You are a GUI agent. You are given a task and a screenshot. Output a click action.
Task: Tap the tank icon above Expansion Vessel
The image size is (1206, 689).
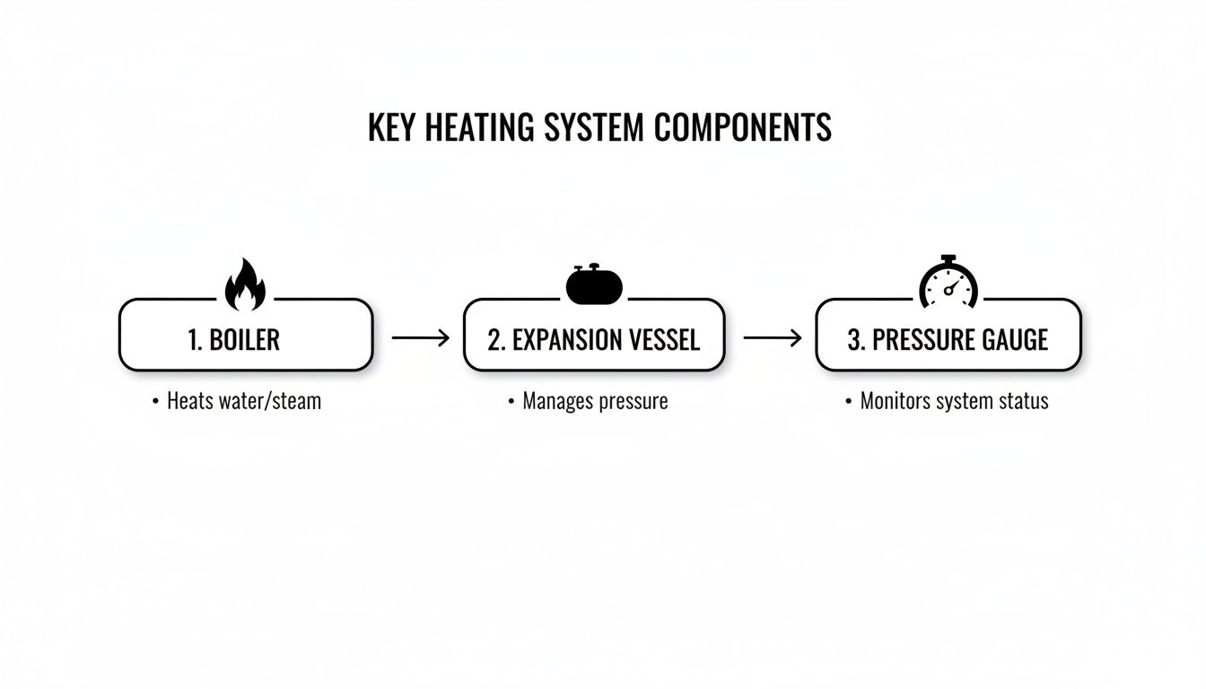click(x=594, y=284)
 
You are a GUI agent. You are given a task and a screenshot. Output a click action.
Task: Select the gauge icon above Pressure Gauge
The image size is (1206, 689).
click(x=948, y=283)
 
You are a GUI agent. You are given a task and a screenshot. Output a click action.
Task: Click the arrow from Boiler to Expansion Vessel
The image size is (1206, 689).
click(x=420, y=337)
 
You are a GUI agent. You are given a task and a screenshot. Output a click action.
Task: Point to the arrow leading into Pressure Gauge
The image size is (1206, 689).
click(x=772, y=337)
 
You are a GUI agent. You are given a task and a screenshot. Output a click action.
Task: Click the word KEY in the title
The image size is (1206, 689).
click(x=392, y=128)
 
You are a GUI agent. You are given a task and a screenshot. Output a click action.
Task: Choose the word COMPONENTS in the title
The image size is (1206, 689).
click(x=742, y=128)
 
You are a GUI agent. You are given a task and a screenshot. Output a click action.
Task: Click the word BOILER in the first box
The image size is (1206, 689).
click(x=244, y=340)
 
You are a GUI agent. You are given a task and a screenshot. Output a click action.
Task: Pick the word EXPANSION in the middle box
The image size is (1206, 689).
click(x=568, y=340)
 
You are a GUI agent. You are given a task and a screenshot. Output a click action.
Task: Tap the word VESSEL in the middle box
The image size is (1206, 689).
click(x=666, y=340)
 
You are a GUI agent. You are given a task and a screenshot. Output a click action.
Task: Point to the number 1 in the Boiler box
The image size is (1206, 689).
click(x=193, y=340)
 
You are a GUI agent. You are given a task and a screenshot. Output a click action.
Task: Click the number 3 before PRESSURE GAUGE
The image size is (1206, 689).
click(x=853, y=340)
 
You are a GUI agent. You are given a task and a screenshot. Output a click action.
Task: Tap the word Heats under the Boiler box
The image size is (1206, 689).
click(x=190, y=400)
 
